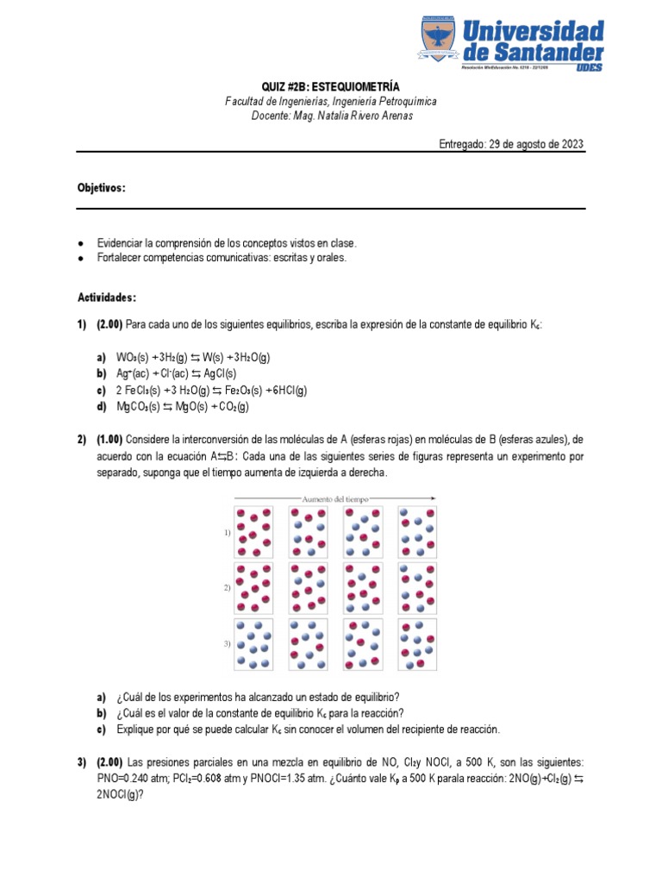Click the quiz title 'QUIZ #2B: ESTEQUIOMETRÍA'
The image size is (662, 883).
point(331,87)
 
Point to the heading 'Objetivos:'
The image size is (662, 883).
point(102,188)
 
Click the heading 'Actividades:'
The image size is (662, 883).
point(107,297)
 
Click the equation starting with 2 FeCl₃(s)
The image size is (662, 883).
point(211,390)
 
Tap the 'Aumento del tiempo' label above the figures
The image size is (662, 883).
point(334,498)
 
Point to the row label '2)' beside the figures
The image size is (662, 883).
point(227,587)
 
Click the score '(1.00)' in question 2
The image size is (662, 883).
point(109,440)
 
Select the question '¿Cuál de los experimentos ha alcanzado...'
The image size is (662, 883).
point(259,697)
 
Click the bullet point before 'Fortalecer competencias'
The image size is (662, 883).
point(81,259)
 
